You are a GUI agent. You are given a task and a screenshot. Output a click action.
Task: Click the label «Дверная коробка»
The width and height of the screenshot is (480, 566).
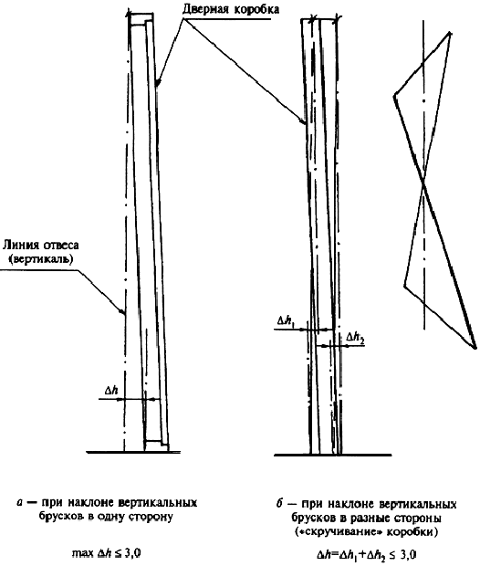pyautogui.click(x=231, y=9)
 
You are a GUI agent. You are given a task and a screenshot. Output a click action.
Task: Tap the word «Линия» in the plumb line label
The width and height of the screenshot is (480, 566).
pyautogui.click(x=21, y=245)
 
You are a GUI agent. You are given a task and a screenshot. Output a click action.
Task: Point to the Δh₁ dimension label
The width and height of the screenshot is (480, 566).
pyautogui.click(x=286, y=320)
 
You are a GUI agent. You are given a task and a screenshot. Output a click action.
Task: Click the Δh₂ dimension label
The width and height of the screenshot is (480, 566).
pyautogui.click(x=355, y=338)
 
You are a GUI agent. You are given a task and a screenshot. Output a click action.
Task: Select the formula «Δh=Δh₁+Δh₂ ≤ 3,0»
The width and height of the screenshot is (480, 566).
pyautogui.click(x=365, y=555)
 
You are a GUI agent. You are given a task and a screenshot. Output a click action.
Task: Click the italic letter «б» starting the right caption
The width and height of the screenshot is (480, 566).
pyautogui.click(x=279, y=503)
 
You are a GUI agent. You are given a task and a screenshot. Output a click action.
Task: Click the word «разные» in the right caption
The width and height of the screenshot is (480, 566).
pyautogui.click(x=369, y=519)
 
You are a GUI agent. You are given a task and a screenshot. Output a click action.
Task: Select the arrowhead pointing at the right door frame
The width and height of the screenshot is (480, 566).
pyautogui.click(x=303, y=122)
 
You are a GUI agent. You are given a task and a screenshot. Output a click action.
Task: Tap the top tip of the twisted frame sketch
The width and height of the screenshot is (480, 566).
pyautogui.click(x=449, y=33)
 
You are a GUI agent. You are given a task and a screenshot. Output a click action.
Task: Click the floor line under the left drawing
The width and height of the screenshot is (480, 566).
pyautogui.click(x=133, y=452)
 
